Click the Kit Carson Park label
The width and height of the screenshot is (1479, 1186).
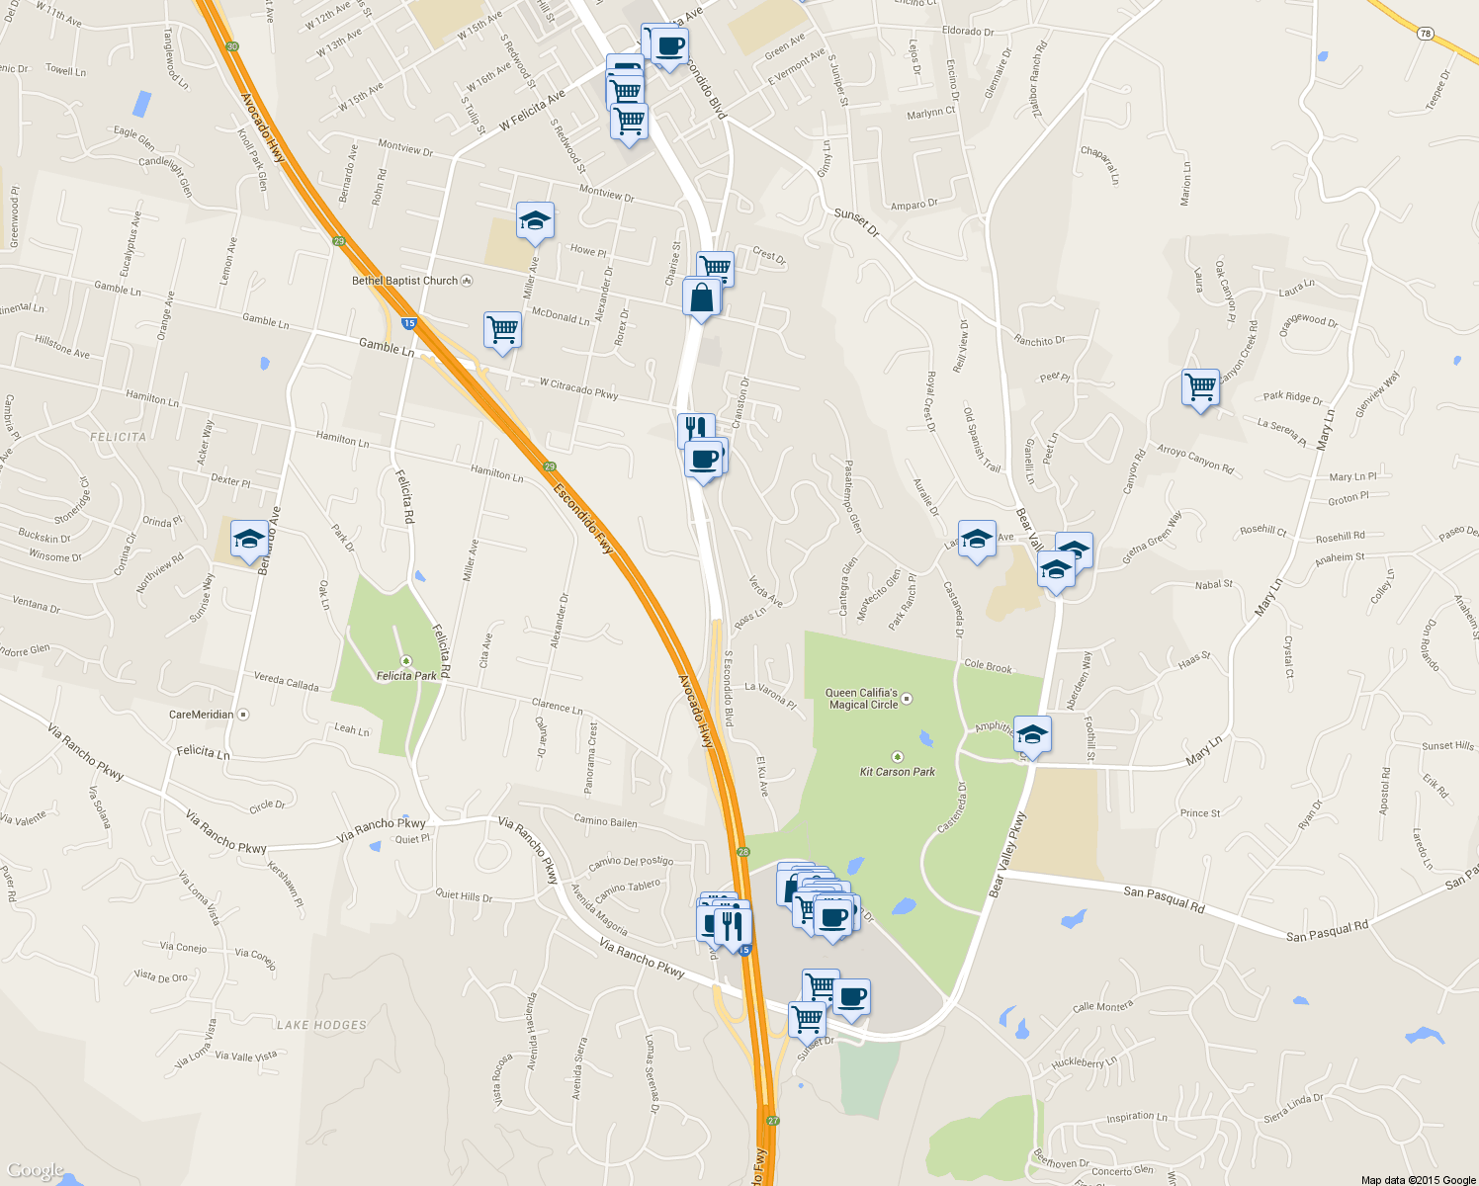point(897,772)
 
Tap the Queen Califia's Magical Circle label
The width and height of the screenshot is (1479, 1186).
point(863,699)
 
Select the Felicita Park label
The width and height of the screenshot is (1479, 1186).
point(406,676)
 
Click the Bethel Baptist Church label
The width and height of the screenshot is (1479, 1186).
point(405,281)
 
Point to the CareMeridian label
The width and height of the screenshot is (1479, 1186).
point(202,715)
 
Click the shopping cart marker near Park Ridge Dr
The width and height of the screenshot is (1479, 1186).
point(1200,388)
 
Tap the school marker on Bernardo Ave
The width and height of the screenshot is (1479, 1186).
point(249,540)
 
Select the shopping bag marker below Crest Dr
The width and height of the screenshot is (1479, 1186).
point(701,298)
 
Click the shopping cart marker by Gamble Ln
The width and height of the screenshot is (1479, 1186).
point(502,331)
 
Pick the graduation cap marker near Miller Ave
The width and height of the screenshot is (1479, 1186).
point(535,221)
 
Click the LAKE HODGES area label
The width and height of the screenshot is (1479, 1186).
point(321,1025)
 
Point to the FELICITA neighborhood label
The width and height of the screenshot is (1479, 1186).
point(118,437)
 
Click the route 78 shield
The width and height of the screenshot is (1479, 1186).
point(1425,34)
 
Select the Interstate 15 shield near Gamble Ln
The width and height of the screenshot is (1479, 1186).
point(408,323)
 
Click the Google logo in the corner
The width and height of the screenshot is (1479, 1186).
point(35,1170)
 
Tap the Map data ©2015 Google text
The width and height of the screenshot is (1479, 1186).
point(1418,1180)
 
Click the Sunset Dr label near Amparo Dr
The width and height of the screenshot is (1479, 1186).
point(856,222)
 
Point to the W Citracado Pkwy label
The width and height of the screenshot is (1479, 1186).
point(578,388)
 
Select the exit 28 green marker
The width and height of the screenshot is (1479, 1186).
point(743,851)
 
